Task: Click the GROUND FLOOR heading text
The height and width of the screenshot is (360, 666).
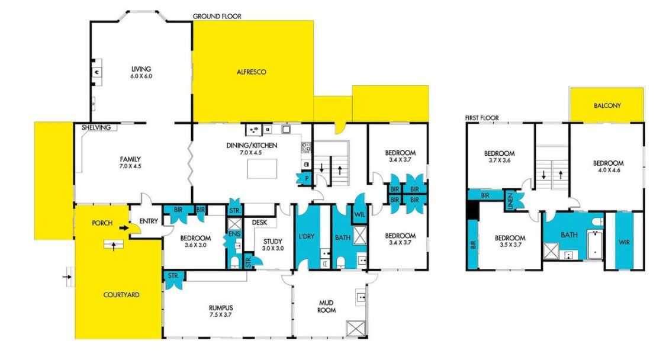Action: point(217,16)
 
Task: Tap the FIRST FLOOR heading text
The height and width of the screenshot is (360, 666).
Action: point(482,118)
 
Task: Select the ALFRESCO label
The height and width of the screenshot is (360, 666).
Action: point(252,72)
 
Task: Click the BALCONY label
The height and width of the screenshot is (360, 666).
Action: point(607,105)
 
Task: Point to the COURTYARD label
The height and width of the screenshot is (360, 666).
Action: point(121,294)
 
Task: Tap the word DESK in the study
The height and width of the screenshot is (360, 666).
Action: point(259,222)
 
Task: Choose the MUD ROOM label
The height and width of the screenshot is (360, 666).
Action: point(326,307)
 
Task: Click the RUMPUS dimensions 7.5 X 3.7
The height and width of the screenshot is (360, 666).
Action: point(221,315)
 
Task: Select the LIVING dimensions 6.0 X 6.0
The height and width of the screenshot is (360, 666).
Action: point(141,76)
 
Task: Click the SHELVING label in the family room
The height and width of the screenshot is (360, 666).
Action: point(96,127)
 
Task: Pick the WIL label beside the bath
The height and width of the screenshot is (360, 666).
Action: point(359,215)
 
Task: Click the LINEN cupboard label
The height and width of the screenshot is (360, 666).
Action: point(510,201)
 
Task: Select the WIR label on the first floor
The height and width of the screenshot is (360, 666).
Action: point(625,242)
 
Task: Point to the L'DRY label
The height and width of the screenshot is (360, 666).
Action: point(306,236)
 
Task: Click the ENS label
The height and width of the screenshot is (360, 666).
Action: point(234,234)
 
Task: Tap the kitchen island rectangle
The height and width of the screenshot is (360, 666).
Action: point(262,169)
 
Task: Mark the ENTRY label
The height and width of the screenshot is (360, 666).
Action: point(149,221)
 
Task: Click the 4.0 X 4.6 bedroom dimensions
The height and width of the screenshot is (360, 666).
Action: point(608,170)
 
